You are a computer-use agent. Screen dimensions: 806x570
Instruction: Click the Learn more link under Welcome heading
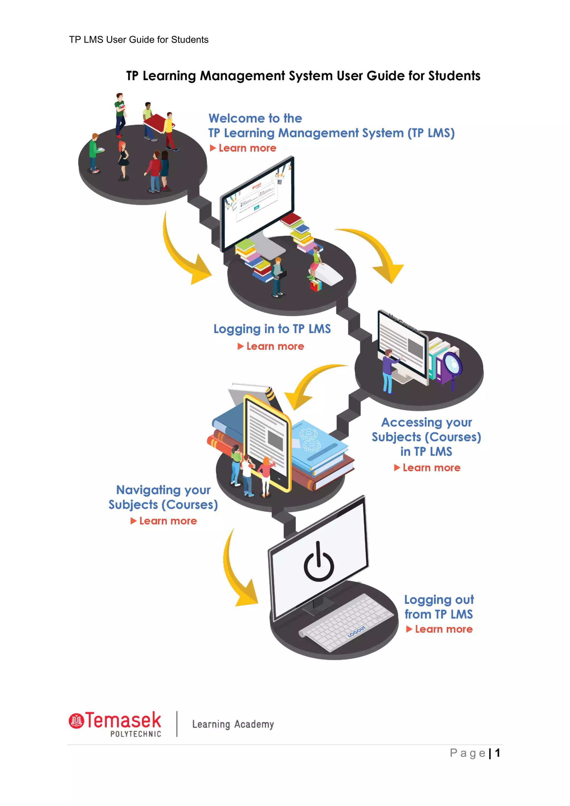[247, 148]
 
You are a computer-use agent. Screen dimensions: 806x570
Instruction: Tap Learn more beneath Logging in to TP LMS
[275, 347]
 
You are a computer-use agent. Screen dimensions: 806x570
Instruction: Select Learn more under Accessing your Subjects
[431, 468]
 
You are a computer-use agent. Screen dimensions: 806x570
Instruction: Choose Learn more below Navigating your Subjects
[168, 521]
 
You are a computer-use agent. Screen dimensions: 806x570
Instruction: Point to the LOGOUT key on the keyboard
[357, 631]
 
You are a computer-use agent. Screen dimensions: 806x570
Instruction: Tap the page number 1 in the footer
[497, 753]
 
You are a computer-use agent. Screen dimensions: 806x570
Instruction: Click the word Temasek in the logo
[123, 721]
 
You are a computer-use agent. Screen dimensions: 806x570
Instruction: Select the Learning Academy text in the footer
[233, 724]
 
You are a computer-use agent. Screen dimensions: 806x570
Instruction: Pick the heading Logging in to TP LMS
[272, 329]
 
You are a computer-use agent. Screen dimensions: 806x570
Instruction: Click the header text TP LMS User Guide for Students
[139, 40]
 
